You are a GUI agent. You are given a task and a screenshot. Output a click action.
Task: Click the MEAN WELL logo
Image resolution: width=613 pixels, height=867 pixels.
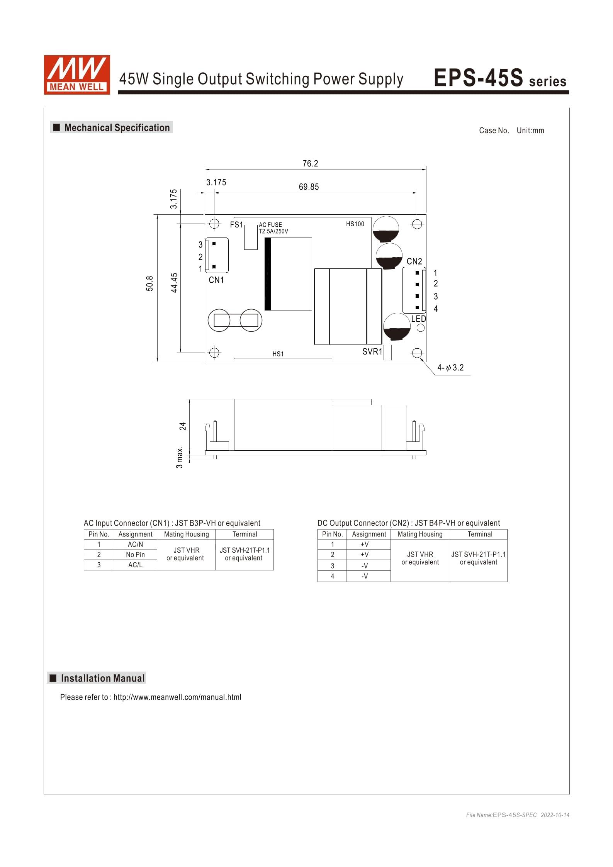(x=76, y=75)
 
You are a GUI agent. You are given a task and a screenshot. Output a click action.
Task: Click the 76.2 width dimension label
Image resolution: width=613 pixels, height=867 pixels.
(x=310, y=164)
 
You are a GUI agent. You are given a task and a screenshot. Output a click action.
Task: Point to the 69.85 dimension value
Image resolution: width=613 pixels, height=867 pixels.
(x=309, y=187)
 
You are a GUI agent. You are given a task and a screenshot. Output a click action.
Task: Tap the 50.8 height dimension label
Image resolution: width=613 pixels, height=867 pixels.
(x=150, y=283)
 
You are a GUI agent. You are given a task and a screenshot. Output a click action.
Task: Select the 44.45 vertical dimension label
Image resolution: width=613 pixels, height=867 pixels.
(x=174, y=283)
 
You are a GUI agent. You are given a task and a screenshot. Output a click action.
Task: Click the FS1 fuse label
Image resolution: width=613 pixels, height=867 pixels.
(x=236, y=225)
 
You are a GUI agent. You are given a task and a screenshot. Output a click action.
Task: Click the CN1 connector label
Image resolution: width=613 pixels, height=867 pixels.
(x=216, y=280)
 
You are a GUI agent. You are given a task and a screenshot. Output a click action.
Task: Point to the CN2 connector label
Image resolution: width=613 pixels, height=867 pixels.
(x=414, y=261)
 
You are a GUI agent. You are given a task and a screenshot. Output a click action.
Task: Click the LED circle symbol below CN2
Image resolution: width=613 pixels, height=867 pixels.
(x=421, y=328)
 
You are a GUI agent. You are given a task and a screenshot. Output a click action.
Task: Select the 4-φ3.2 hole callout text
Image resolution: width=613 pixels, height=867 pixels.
(x=450, y=368)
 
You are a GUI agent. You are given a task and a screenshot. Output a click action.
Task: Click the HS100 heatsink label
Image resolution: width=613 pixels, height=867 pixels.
(x=355, y=224)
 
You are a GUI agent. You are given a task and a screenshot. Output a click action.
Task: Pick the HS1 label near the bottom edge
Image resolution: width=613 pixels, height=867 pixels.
(x=278, y=354)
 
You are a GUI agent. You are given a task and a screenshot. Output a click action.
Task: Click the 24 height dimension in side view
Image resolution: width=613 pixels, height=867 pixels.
(x=183, y=426)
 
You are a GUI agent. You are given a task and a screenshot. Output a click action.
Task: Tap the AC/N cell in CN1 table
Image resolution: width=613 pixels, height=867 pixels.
(x=135, y=545)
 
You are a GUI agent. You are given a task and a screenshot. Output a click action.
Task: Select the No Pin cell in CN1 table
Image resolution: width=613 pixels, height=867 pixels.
(x=135, y=555)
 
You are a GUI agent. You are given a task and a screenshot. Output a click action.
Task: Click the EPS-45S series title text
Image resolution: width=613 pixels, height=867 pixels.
(x=500, y=78)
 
